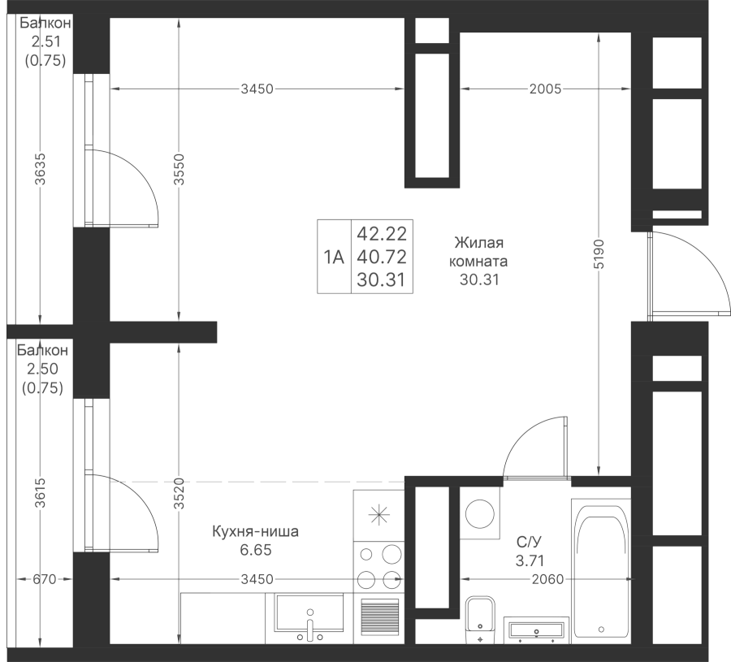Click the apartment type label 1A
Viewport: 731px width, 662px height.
tap(334, 257)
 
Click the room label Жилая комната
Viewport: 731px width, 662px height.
tap(480, 253)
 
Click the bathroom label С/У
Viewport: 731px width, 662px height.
tap(529, 541)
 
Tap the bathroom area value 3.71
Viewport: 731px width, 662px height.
tap(529, 559)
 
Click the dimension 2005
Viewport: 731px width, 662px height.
tap(545, 89)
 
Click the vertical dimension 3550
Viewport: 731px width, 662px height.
tap(179, 171)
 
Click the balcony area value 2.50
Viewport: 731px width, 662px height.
tap(41, 370)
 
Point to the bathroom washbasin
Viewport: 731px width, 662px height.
tap(535, 630)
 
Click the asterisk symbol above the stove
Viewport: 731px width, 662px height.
tap(378, 513)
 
